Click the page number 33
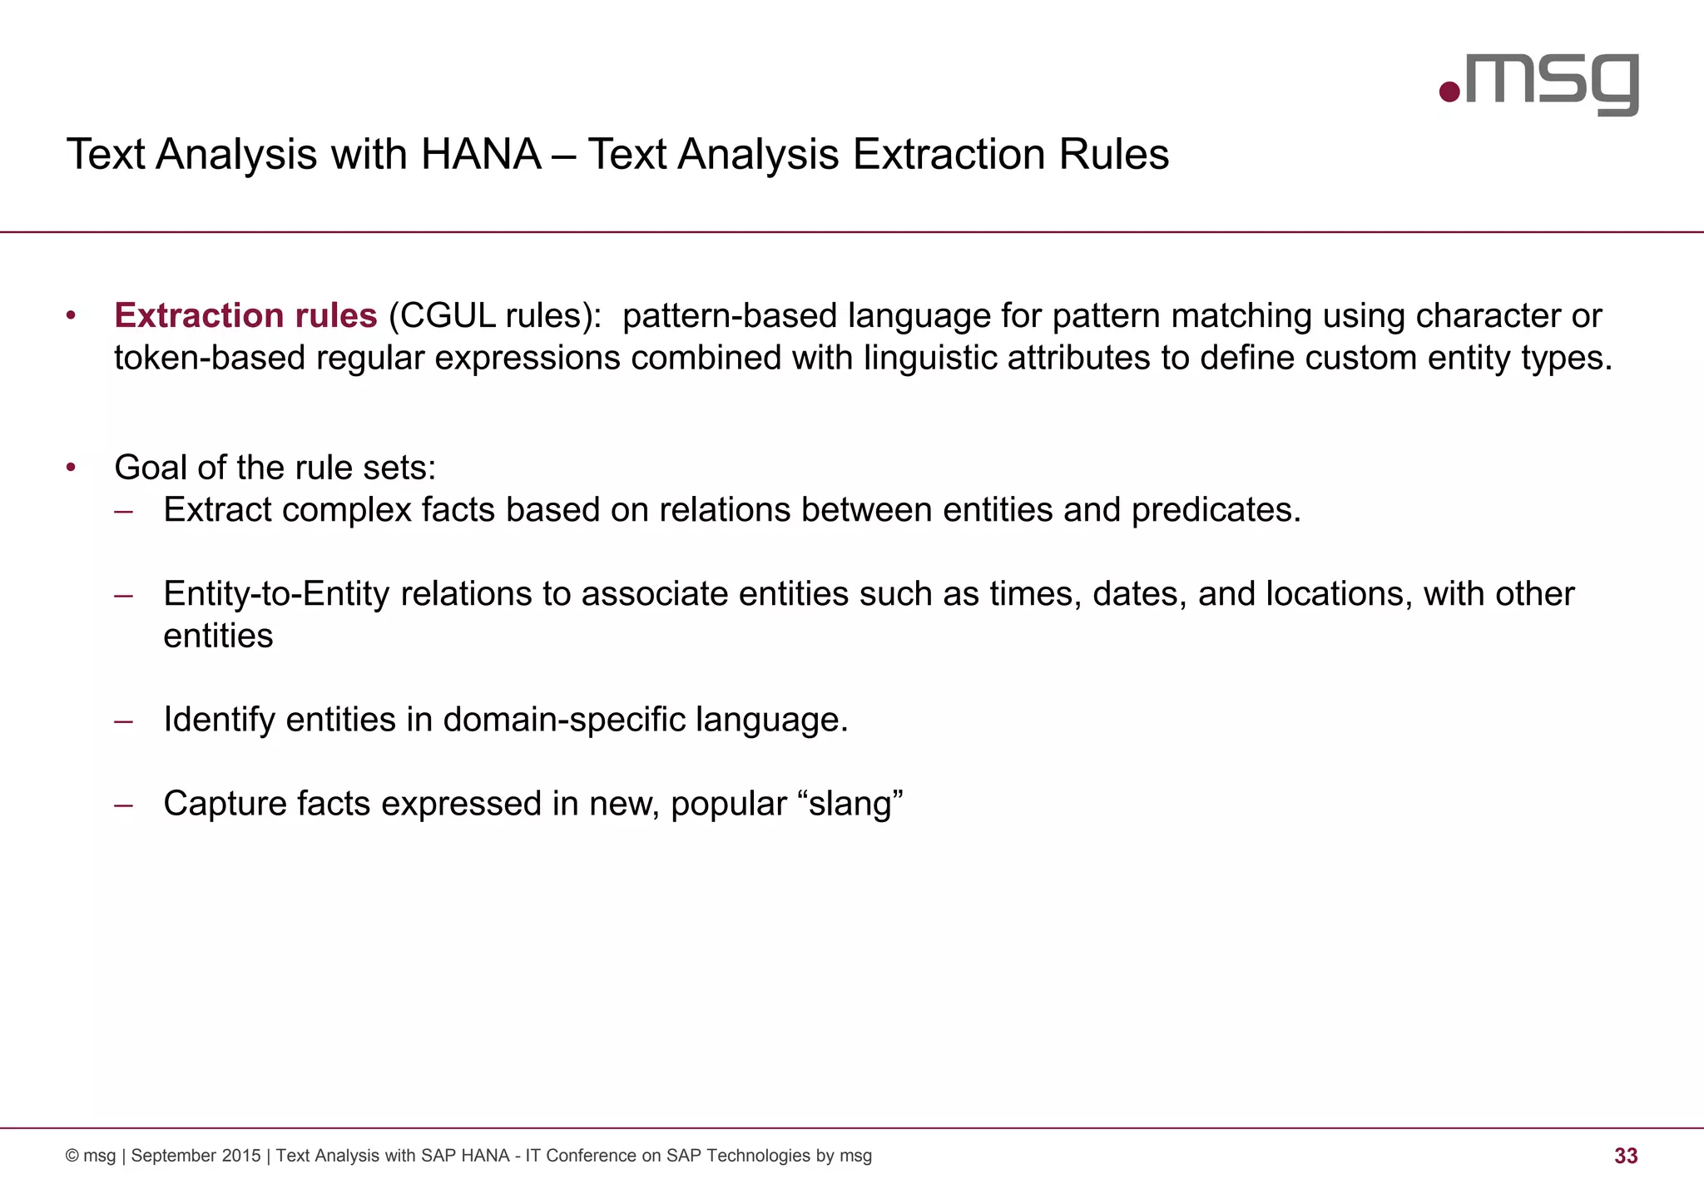1625,1156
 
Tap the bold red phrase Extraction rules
245,316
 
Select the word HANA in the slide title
481,155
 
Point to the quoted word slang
850,804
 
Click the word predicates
1215,510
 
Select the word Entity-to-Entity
276,594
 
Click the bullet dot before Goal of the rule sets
72,468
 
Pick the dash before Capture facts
124,805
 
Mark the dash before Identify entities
124,721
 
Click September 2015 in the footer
196,1156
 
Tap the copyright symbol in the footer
72,1156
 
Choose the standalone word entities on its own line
218,637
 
